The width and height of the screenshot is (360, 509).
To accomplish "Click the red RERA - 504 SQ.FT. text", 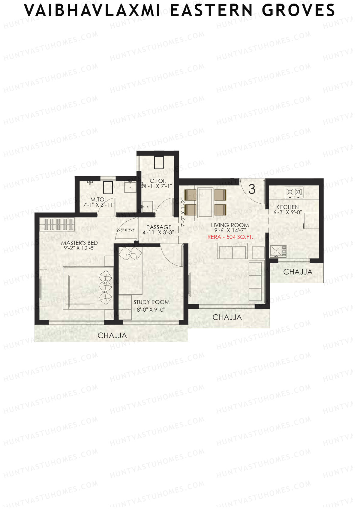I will click(230, 237).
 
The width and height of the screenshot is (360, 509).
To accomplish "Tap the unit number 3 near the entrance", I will click(252, 189).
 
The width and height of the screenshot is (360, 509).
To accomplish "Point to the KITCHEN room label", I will click(287, 207).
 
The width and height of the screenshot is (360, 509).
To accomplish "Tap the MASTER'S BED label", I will click(79, 243).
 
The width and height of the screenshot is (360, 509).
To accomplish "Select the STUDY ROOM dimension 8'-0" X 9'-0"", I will click(151, 310).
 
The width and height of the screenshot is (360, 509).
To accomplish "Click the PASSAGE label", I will click(159, 227).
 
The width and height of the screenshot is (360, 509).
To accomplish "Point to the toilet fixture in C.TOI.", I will click(158, 163).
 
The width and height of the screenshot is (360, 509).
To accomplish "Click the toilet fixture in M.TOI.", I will click(107, 187).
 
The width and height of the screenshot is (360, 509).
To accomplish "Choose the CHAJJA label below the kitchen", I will click(298, 272).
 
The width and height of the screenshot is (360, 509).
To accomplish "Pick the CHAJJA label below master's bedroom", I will click(112, 336).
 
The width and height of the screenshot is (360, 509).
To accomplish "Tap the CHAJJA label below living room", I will click(227, 317).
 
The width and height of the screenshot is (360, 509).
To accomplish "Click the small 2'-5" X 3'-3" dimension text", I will click(126, 230).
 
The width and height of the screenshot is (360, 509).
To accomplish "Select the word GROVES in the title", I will click(298, 11).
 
